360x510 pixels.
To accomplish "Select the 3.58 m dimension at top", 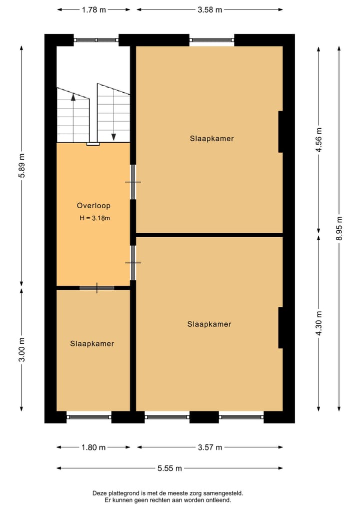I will [209, 10].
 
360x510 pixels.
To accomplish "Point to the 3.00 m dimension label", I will [21, 349].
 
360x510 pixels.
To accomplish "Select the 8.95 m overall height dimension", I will [339, 228].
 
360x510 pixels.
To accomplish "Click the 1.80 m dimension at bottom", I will [93, 447].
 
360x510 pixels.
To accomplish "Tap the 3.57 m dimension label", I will [209, 447].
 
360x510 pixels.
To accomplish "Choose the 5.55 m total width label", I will [169, 468].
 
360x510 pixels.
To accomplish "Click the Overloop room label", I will [93, 205].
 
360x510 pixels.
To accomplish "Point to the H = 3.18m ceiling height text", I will [94, 218].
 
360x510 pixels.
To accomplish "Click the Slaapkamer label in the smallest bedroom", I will [92, 344].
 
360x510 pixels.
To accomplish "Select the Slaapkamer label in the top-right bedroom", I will [211, 138].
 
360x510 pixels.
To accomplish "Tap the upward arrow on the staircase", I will [73, 98].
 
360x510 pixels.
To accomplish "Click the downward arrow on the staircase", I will [113, 136].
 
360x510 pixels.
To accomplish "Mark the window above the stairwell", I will [96, 40].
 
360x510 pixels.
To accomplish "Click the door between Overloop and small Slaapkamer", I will [96, 288].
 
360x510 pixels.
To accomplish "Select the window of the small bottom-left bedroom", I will [89, 416].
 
